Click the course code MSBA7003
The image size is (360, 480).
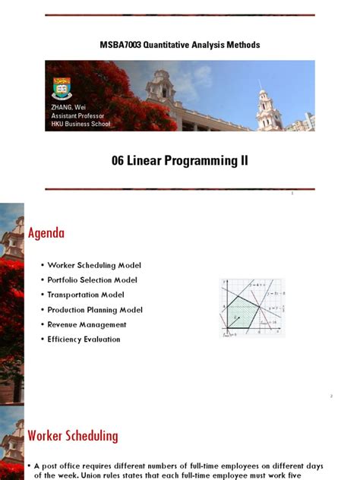121,45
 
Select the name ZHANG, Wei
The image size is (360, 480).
66,109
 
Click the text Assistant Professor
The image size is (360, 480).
77,116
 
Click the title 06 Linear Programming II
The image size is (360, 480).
179,161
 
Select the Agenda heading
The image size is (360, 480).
46,233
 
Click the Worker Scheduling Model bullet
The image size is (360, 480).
94,265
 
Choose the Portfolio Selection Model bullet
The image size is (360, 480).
94,279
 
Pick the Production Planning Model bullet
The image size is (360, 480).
95,310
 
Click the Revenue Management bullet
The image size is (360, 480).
87,324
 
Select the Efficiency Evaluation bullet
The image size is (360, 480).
84,339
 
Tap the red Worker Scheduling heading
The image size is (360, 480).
73,435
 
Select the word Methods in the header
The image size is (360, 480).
242,45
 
